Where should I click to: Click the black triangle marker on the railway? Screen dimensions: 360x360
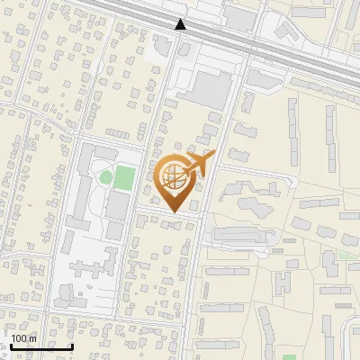[181, 24]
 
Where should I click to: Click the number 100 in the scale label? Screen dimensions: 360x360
[19, 338]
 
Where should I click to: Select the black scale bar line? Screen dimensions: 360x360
[40, 346]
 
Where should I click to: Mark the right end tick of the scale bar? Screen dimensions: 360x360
[72, 345]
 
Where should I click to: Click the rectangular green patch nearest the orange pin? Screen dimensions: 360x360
[124, 177]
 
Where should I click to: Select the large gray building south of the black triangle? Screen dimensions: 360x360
[209, 90]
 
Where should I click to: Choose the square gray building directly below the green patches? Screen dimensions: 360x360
[117, 206]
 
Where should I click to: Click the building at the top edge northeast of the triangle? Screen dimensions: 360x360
[239, 16]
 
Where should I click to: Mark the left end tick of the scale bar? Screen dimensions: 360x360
[10, 345]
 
